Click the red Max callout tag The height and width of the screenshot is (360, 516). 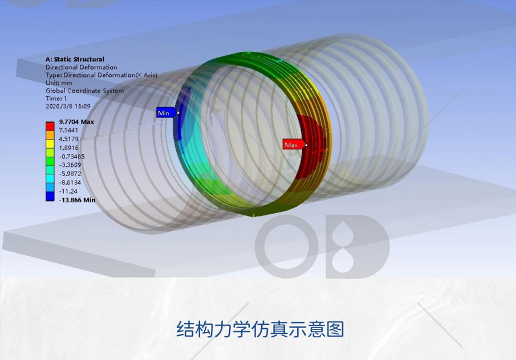293,145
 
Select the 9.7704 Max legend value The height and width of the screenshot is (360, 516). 76,122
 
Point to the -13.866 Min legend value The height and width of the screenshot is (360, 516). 78,200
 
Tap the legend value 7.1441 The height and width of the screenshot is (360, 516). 68,130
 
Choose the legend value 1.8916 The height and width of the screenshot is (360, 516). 68,148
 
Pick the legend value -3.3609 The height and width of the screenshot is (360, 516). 70,165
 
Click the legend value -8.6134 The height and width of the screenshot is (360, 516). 70,182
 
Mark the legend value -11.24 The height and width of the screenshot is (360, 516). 68,191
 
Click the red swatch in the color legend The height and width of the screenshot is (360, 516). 50,126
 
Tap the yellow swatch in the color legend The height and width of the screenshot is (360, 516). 50,144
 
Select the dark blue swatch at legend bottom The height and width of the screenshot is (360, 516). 50,197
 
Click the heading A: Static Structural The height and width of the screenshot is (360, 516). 75,59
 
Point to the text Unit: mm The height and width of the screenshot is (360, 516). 59,83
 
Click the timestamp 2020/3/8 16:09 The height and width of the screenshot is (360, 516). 68,106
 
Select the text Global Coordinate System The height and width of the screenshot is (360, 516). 85,91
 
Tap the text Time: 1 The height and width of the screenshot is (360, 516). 56,99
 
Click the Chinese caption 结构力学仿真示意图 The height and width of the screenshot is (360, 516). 261,329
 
